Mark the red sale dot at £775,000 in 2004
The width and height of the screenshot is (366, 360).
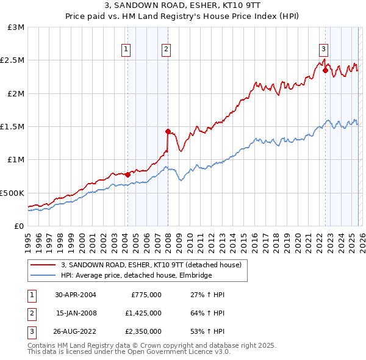[x=127, y=175]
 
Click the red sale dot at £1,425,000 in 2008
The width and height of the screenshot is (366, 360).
[x=168, y=131]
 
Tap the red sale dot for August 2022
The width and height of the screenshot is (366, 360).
[x=325, y=70]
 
